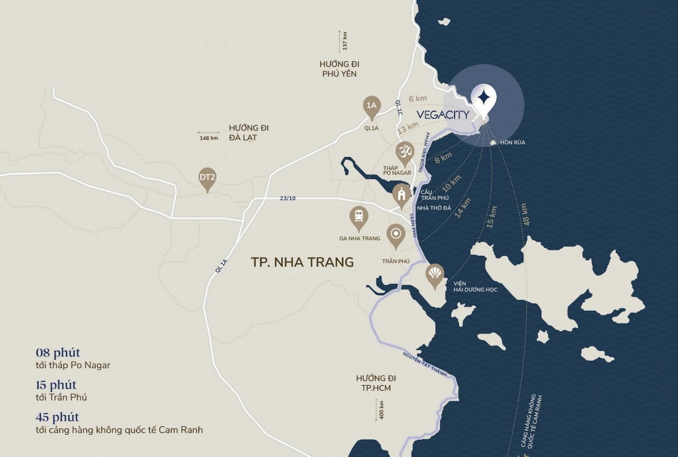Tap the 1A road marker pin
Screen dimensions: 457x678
coord(372,106)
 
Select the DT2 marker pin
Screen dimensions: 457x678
coord(207,178)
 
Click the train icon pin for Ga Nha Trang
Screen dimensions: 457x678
coord(359,217)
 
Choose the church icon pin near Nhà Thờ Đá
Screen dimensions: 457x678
coord(401,195)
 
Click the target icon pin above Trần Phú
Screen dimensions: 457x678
coord(396,234)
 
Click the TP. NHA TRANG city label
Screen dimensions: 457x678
coord(302,262)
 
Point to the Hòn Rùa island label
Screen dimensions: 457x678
coord(512,142)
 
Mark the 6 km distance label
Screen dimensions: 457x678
coord(418,99)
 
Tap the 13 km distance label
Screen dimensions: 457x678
coord(408,127)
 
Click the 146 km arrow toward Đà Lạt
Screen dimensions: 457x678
coord(209,135)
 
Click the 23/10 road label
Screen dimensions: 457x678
coord(287,198)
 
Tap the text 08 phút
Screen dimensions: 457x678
coord(58,353)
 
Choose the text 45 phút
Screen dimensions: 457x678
coord(57,417)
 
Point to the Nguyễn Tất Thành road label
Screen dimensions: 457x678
coord(424,364)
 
